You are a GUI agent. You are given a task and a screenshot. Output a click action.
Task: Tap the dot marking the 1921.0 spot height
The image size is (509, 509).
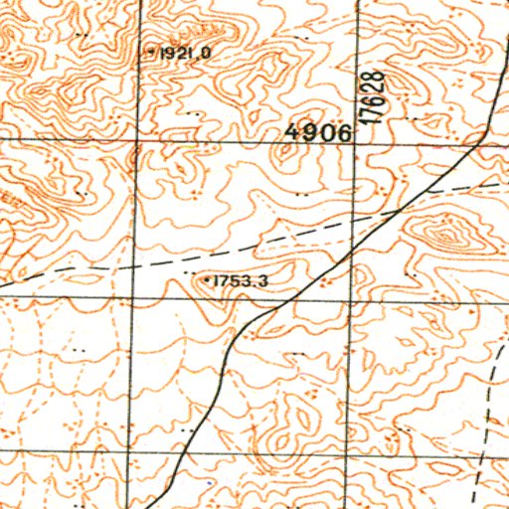(151, 50)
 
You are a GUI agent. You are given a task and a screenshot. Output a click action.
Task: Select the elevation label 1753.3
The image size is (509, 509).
(240, 281)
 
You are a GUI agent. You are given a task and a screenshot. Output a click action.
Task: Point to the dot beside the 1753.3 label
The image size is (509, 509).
(206, 281)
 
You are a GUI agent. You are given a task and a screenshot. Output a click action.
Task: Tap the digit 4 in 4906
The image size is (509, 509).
(290, 133)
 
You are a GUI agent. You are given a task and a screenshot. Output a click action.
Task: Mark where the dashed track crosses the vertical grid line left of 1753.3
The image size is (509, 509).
(134, 266)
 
